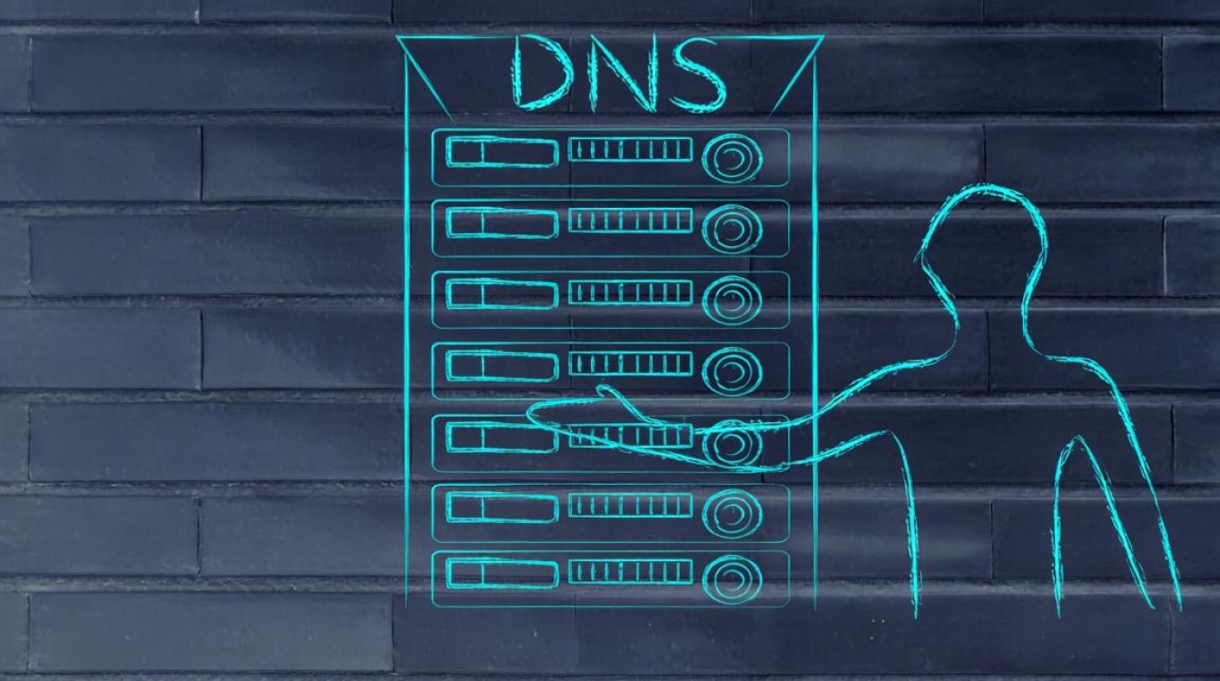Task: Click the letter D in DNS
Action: point(543,73)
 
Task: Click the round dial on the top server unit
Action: point(732,159)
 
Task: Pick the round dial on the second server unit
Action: point(732,230)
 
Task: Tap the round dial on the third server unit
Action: point(732,301)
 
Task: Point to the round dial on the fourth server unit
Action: point(732,371)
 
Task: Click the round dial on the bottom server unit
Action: point(732,580)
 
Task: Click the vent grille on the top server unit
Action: point(630,149)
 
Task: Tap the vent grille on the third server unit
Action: point(630,292)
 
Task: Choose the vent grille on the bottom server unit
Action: point(630,571)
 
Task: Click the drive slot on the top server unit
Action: point(502,152)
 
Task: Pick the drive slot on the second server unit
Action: point(502,223)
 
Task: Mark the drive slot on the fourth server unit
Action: point(502,366)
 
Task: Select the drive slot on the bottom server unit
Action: point(502,574)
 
